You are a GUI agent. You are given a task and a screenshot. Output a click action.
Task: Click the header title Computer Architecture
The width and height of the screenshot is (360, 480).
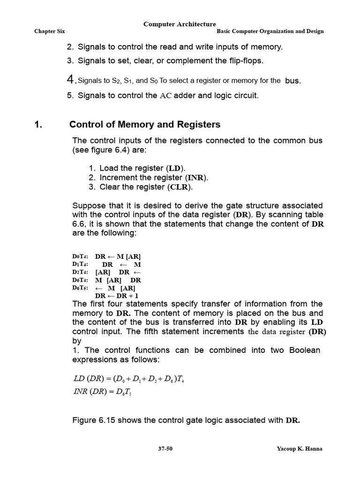coord(180,24)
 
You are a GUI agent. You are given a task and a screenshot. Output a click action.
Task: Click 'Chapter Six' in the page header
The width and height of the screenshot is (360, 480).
coord(49,31)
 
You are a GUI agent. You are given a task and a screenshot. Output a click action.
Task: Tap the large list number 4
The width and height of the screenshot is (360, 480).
coord(71,80)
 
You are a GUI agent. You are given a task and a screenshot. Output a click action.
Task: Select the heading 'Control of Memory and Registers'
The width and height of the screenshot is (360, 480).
coord(144,125)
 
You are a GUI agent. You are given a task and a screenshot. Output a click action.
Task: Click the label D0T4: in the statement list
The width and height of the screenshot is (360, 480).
coord(80,257)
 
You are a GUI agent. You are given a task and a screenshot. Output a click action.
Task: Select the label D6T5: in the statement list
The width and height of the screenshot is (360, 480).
coord(80,288)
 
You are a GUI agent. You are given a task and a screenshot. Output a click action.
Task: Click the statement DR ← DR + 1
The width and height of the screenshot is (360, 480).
coord(116,296)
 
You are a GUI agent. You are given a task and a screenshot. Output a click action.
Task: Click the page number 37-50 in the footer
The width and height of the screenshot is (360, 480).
coord(165,449)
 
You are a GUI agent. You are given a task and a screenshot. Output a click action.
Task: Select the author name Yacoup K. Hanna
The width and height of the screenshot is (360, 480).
coord(300,449)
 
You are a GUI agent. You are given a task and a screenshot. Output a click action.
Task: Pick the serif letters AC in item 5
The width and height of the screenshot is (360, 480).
coord(166,96)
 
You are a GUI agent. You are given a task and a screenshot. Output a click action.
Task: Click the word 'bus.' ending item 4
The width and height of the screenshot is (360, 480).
coord(293,81)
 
